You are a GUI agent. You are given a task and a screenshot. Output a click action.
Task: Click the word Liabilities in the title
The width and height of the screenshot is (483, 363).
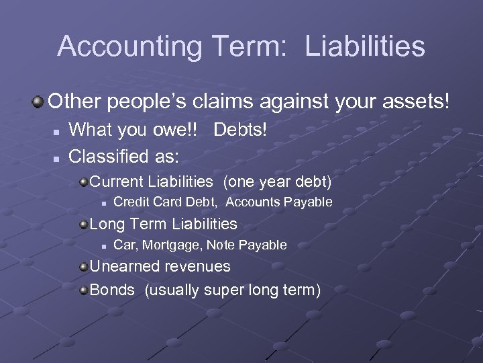[365, 46]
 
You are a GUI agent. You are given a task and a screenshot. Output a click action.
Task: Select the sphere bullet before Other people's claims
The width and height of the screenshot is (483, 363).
[38, 102]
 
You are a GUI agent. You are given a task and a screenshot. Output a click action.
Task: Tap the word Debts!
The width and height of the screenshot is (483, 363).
[239, 131]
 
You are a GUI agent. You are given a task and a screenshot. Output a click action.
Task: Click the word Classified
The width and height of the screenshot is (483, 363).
[107, 157]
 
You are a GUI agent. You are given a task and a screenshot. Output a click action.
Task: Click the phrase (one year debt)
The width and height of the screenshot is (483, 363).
[277, 182]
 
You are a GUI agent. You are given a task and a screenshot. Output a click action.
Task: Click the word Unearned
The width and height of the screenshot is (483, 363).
[121, 266]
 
